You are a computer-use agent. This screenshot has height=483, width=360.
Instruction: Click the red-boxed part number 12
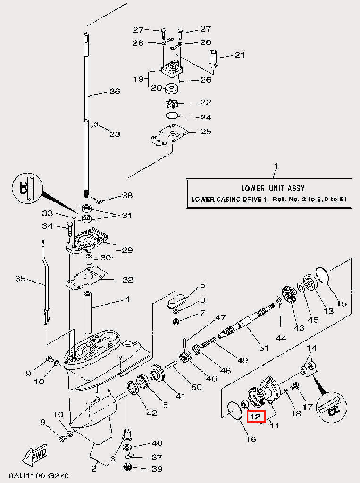click(x=255, y=416)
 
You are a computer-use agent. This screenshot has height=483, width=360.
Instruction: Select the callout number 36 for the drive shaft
click(x=115, y=92)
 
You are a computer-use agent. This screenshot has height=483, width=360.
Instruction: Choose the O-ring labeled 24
click(x=172, y=116)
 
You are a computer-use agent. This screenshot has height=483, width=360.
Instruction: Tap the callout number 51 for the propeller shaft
click(x=263, y=348)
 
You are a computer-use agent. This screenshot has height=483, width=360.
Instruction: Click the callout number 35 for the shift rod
click(x=20, y=279)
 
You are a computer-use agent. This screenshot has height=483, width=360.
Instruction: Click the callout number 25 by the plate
click(x=206, y=131)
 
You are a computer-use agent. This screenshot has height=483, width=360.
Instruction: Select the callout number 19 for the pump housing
click(x=138, y=79)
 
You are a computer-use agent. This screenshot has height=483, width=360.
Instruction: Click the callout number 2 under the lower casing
click(x=93, y=468)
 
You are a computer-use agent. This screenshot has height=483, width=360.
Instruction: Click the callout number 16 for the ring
click(x=251, y=439)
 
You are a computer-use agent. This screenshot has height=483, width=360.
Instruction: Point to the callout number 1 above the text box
click(x=276, y=167)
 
